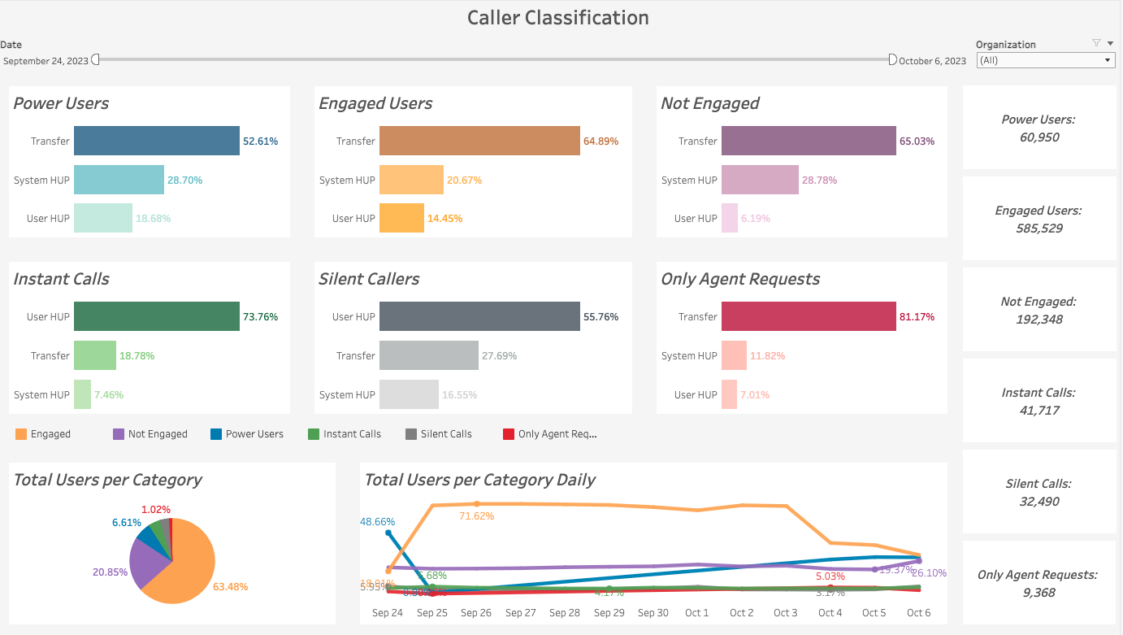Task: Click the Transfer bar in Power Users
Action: [x=157, y=141]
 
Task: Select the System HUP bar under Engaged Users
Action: [x=411, y=180]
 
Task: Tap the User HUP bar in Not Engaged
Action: [x=730, y=219]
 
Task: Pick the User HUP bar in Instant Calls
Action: [x=157, y=317]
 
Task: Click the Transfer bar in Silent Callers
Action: [x=429, y=356]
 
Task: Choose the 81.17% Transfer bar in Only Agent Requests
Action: [x=809, y=317]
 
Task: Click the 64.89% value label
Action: [x=601, y=141]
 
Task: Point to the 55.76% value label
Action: [x=601, y=317]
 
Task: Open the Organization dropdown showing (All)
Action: [x=1045, y=60]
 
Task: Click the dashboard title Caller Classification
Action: [x=558, y=17]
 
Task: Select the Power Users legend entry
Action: [x=254, y=434]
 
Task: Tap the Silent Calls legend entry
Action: [x=445, y=434]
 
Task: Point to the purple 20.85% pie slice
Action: [x=146, y=565]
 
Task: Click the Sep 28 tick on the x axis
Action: [x=565, y=613]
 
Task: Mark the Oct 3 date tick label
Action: [x=786, y=613]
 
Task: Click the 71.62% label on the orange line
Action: [x=477, y=516]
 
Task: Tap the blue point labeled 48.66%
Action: [x=388, y=533]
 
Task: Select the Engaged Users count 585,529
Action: [x=1038, y=228]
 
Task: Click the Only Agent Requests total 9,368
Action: [x=1038, y=593]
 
